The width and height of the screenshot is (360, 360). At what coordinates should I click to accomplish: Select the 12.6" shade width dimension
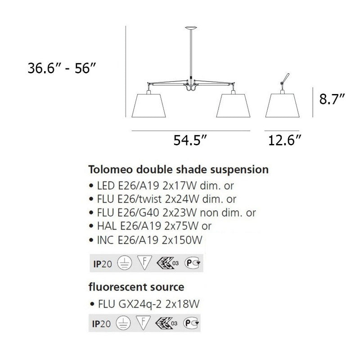284,141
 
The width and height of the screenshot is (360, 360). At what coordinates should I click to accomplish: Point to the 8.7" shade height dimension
332,99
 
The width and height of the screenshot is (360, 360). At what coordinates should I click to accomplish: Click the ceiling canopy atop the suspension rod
191,28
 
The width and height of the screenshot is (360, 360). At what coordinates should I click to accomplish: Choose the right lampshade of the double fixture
233,106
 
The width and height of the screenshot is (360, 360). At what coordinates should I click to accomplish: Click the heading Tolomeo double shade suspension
179,170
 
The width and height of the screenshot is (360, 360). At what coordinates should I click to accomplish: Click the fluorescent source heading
136,286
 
